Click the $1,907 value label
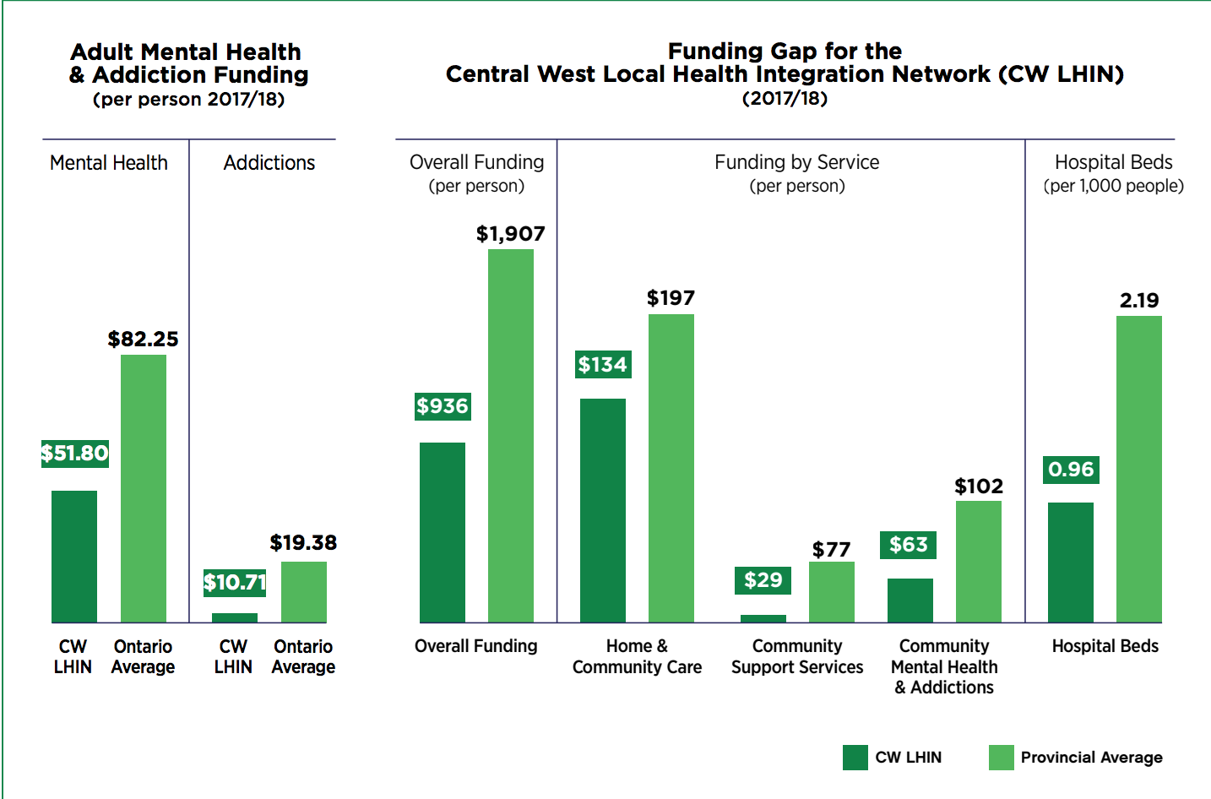click(x=510, y=234)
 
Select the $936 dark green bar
click(x=443, y=532)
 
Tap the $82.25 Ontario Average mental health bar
click(x=144, y=488)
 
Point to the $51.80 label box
click(x=75, y=454)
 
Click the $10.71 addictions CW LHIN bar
click(x=235, y=617)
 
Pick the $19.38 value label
click(x=303, y=542)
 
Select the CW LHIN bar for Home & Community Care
click(x=603, y=510)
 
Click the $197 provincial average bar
click(x=671, y=468)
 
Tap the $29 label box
click(x=763, y=580)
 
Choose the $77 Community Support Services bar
click(x=832, y=592)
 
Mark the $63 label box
click(x=908, y=545)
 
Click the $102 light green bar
click(x=979, y=562)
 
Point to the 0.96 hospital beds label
click(x=1071, y=470)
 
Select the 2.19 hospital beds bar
click(x=1139, y=469)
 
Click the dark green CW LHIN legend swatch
click(x=855, y=758)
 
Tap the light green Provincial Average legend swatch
click(x=1001, y=758)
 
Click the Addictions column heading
click(x=269, y=163)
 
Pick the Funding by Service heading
click(x=796, y=162)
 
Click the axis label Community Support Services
click(x=797, y=656)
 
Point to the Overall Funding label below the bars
click(x=476, y=646)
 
